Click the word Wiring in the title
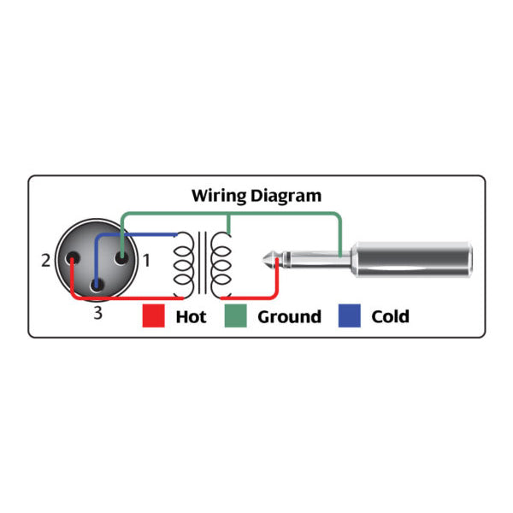coord(219,196)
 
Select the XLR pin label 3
coord(97,314)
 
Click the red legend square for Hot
coord(154,316)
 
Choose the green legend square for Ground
coord(235,316)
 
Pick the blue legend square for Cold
coord(349,316)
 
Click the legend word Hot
coord(191,317)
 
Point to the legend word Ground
coord(290,317)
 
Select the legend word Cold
coord(390,317)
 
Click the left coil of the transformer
coord(184,265)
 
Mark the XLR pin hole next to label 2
coord(73,259)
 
